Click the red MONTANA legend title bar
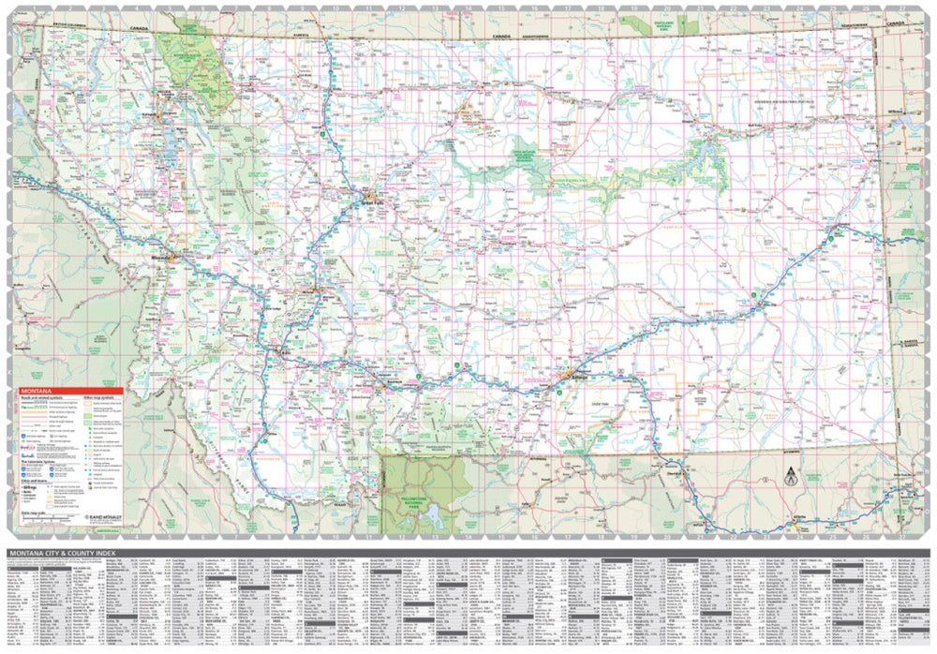point(66,390)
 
